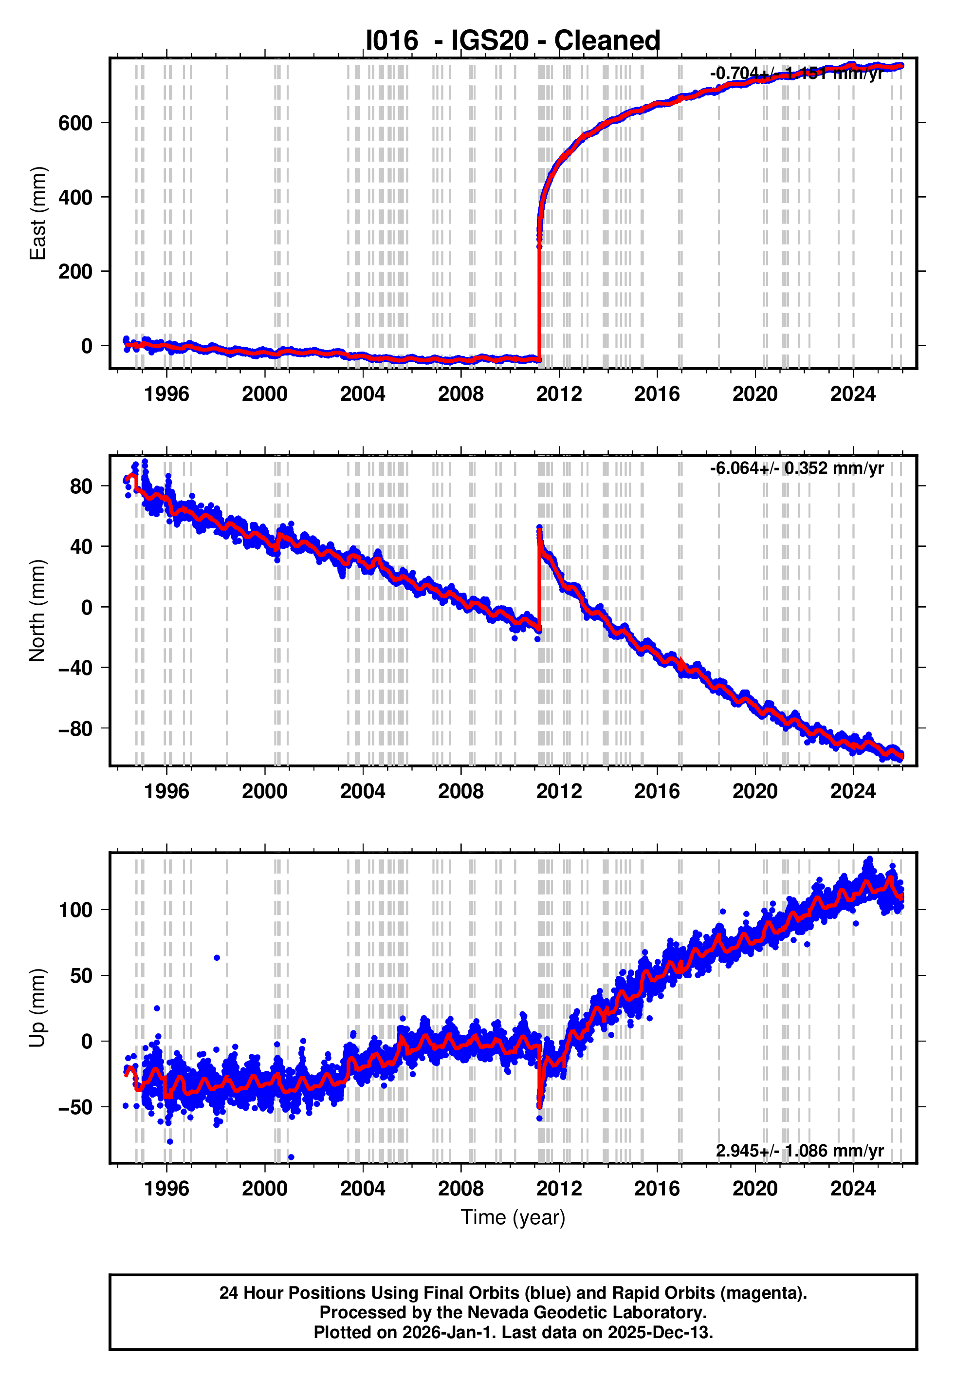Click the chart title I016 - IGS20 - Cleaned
513,41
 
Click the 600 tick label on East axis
75,123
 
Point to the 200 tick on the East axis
75,272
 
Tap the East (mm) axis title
37,214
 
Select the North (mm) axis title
37,611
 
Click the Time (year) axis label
513,1218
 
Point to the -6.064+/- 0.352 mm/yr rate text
796,468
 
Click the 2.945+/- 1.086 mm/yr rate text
799,1150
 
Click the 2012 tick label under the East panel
558,394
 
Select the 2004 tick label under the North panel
362,791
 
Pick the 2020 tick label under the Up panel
754,1188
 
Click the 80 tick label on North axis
81,486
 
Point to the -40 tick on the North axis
75,668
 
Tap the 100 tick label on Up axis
75,910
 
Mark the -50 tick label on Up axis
75,1108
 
